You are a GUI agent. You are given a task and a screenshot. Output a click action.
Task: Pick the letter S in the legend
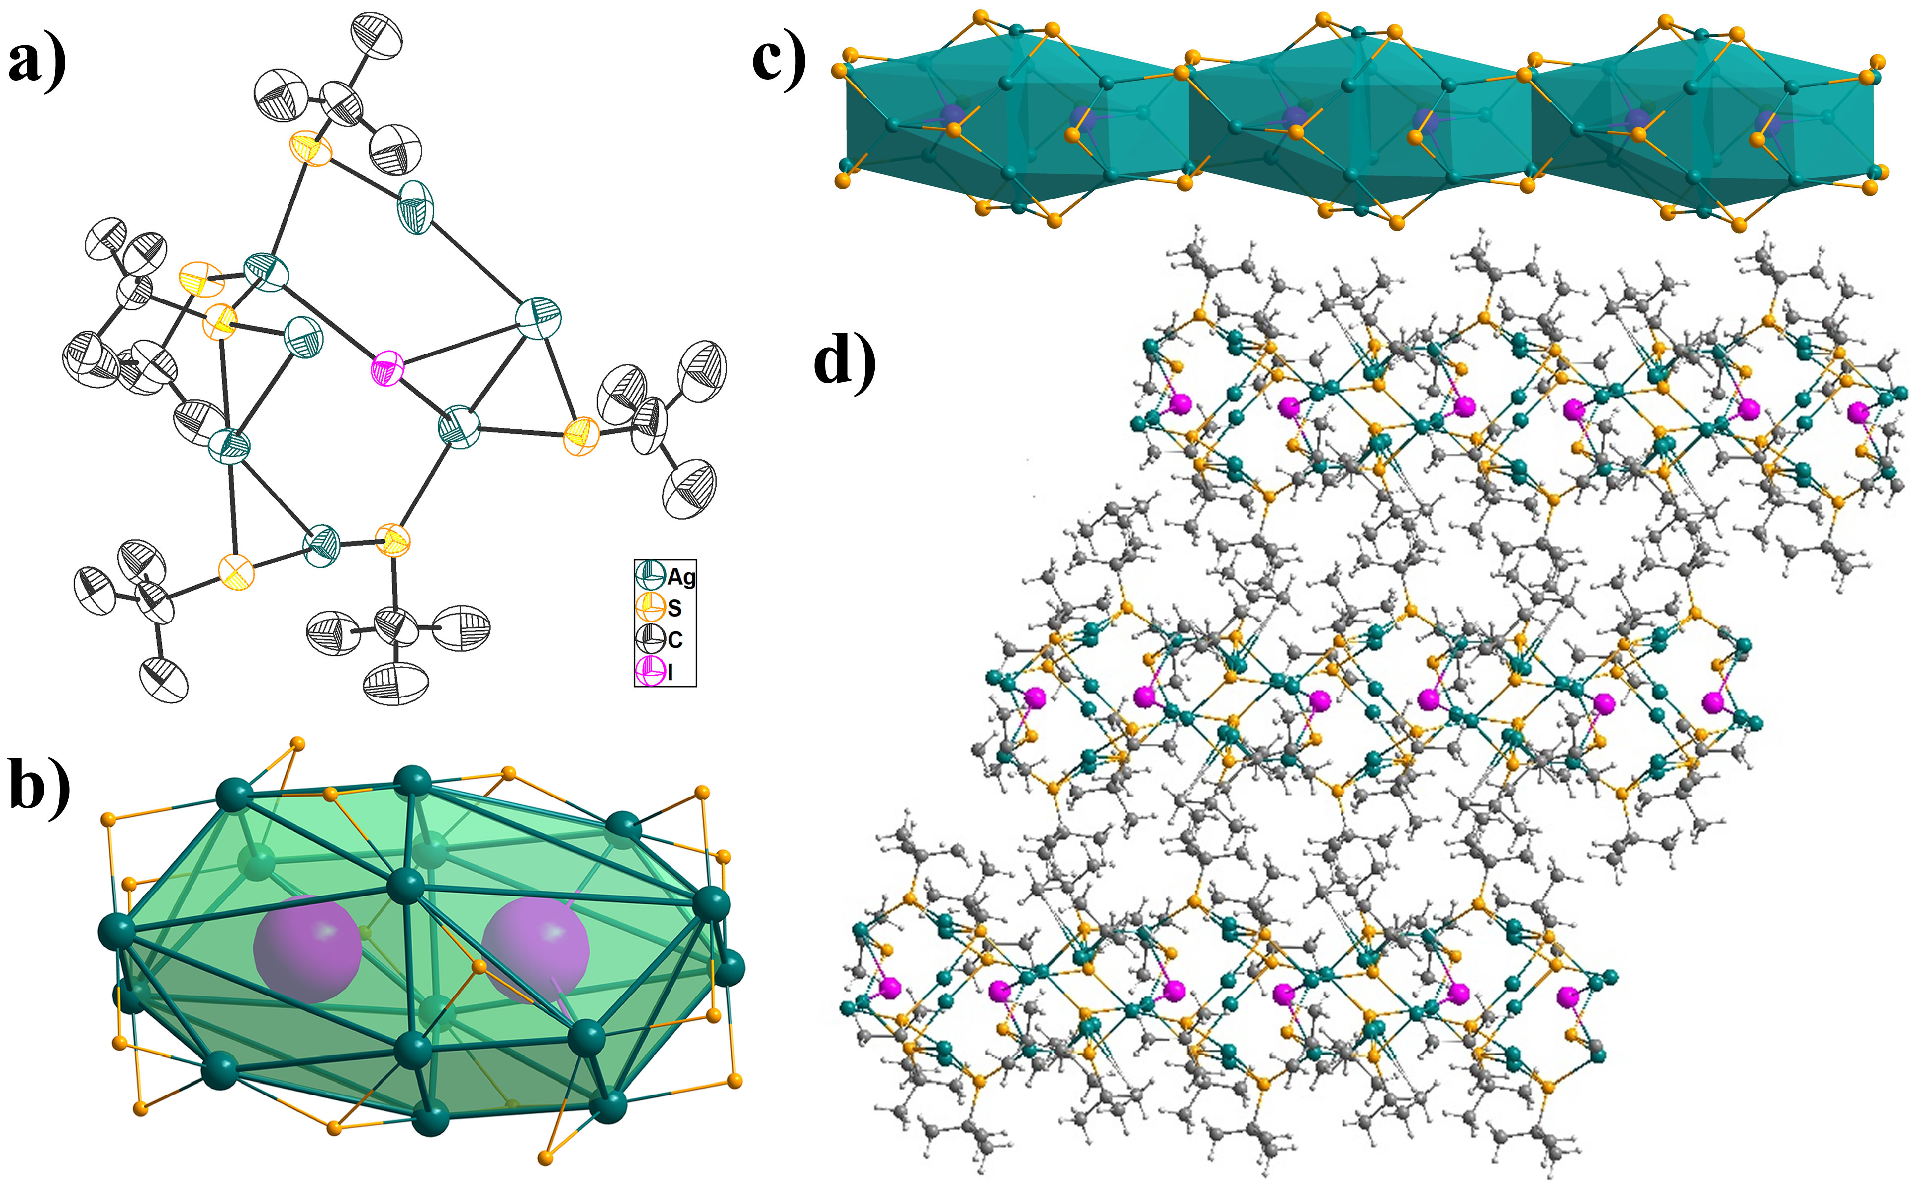pos(674,608)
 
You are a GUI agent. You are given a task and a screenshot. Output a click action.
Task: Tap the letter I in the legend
pos(670,673)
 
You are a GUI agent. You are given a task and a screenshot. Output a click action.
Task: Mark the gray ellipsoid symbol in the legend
pos(649,639)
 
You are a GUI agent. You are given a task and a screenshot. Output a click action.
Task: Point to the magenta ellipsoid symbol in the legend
pos(649,672)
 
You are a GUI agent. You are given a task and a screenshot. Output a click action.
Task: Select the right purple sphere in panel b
pos(536,951)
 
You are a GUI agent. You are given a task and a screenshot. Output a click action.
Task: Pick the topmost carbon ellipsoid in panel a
pos(375,38)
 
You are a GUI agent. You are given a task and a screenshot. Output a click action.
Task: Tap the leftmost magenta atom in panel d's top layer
pos(1179,404)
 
